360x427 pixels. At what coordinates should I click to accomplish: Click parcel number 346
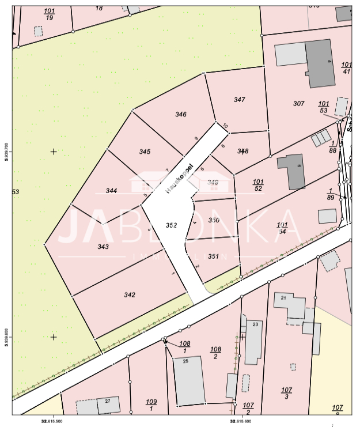[x=181, y=114]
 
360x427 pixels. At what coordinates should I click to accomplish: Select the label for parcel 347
[x=240, y=100]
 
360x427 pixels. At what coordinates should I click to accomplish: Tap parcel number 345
[x=145, y=152]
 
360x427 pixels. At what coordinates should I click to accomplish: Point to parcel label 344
[x=112, y=191]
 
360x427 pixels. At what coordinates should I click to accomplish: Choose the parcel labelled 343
[x=103, y=247]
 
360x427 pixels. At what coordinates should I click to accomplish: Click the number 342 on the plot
[x=130, y=294]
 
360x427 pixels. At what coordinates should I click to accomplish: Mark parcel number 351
[x=213, y=256]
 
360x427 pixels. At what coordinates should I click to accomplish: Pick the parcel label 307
[x=298, y=104]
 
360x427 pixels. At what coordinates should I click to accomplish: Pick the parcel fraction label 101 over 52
[x=258, y=185]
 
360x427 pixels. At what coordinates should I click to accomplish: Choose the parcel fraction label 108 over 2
[x=215, y=353]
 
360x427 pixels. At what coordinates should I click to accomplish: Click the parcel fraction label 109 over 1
[x=151, y=405]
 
